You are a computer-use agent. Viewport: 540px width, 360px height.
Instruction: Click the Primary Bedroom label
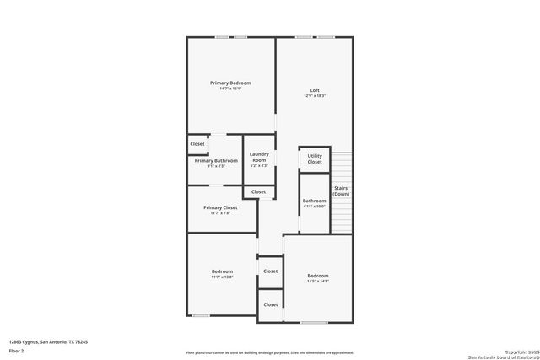pos(230,83)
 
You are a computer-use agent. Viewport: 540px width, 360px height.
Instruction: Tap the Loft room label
pos(315,90)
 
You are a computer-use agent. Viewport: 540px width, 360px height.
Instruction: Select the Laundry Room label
pos(259,157)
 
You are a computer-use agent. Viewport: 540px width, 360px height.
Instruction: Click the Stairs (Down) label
pos(341,191)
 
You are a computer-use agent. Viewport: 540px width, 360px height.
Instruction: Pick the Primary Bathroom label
pos(216,160)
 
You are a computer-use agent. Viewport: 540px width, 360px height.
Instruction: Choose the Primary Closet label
pos(220,207)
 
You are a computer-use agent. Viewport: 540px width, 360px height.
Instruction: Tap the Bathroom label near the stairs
pos(315,201)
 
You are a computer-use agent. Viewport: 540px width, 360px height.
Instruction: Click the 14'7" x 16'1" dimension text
pos(230,89)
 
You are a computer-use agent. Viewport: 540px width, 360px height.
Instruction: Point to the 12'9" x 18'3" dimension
pos(315,96)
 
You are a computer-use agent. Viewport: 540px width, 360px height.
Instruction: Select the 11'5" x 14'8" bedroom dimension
pos(318,282)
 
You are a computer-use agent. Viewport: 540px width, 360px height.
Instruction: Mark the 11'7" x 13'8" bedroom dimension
pos(222,277)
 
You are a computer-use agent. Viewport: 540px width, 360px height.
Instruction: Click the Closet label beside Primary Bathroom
pos(197,144)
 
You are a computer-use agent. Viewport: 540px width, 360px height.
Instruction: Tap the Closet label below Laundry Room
pos(258,191)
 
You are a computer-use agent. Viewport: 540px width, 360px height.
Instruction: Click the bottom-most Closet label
pos(271,304)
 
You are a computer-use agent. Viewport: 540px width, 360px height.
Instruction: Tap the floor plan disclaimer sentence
pos(269,352)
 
